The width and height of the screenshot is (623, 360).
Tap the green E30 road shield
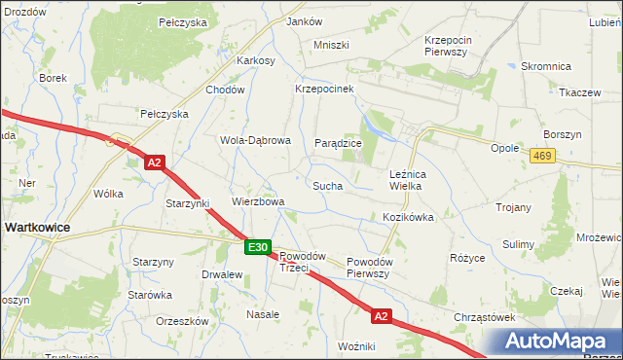point(257,248)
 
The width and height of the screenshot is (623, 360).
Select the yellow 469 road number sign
point(543,155)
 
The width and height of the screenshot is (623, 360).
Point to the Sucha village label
point(326,184)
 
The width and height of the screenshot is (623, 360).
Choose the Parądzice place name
point(338,143)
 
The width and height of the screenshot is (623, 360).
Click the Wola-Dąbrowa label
point(255,140)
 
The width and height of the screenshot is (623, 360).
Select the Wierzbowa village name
point(257,202)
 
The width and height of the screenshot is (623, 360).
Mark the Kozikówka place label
point(408,217)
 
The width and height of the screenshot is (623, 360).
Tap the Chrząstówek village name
point(484,317)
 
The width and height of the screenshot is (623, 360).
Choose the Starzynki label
point(188,203)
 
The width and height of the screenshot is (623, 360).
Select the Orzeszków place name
point(182,320)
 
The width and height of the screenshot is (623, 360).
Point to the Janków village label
point(305,21)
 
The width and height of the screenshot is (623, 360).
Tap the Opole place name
point(504,148)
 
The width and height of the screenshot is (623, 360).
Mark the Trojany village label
point(513,207)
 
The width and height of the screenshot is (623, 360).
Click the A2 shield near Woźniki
point(381,316)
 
